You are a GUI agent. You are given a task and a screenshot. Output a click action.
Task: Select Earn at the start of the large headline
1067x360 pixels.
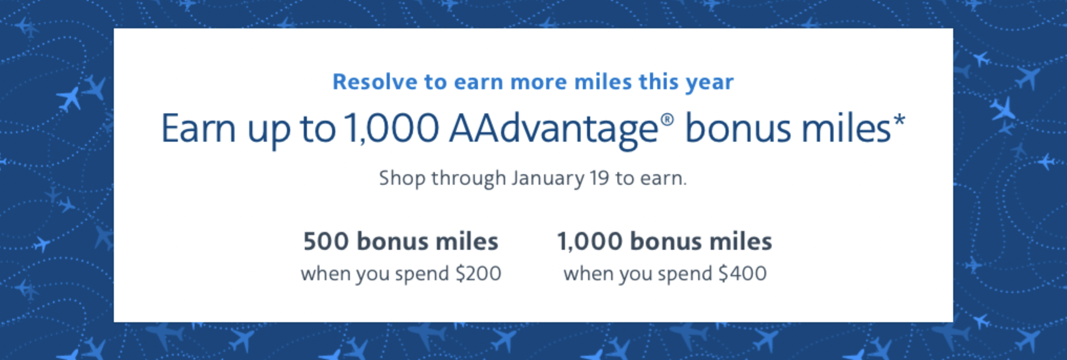pos(198,128)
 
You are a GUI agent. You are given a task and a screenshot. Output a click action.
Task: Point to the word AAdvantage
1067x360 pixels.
pos(553,130)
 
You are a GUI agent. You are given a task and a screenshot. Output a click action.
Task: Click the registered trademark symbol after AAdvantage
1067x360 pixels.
pos(667,120)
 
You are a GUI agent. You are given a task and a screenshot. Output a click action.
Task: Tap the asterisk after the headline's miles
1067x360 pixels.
pos(899,121)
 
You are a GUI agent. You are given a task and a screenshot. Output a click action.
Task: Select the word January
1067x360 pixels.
pos(548,179)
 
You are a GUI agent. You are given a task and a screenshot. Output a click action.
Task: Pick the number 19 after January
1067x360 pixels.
pos(599,178)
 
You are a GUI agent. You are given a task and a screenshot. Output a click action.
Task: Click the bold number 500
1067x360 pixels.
pos(326,241)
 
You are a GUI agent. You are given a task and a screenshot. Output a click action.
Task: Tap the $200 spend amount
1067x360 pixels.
pos(478,273)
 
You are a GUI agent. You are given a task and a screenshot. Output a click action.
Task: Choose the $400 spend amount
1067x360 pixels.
pos(743,273)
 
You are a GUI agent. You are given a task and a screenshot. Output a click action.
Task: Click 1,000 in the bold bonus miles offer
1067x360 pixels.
pos(590,242)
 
